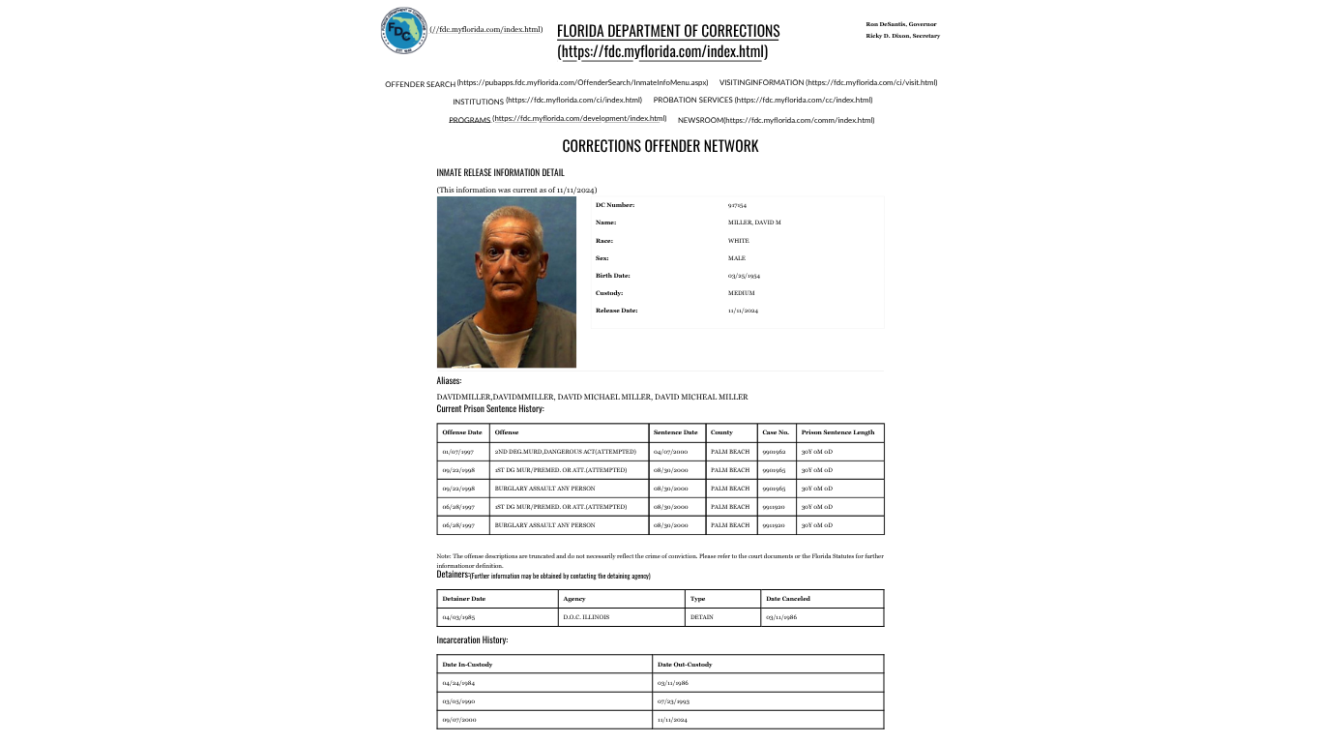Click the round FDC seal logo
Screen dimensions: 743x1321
coord(402,30)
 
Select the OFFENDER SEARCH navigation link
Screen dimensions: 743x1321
coord(420,84)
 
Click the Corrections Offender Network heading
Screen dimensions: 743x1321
coord(660,146)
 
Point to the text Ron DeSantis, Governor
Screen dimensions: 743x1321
coord(900,24)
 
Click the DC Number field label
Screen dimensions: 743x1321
coord(614,205)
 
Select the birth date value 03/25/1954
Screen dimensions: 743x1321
coord(744,276)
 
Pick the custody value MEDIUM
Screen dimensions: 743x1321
coord(741,293)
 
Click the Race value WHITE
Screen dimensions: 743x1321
coord(738,241)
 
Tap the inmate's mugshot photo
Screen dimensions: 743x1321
coord(506,282)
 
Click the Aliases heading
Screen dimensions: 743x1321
coord(449,381)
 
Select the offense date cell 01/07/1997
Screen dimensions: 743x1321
coord(457,452)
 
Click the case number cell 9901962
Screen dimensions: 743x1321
coord(774,452)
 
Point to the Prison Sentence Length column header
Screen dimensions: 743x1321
coord(837,432)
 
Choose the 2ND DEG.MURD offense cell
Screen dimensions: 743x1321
coord(565,452)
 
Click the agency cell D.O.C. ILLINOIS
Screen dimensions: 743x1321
coord(586,617)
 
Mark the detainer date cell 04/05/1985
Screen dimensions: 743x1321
coord(458,617)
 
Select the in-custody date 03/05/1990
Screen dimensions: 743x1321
coord(458,700)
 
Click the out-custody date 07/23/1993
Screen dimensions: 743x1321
coord(673,700)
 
